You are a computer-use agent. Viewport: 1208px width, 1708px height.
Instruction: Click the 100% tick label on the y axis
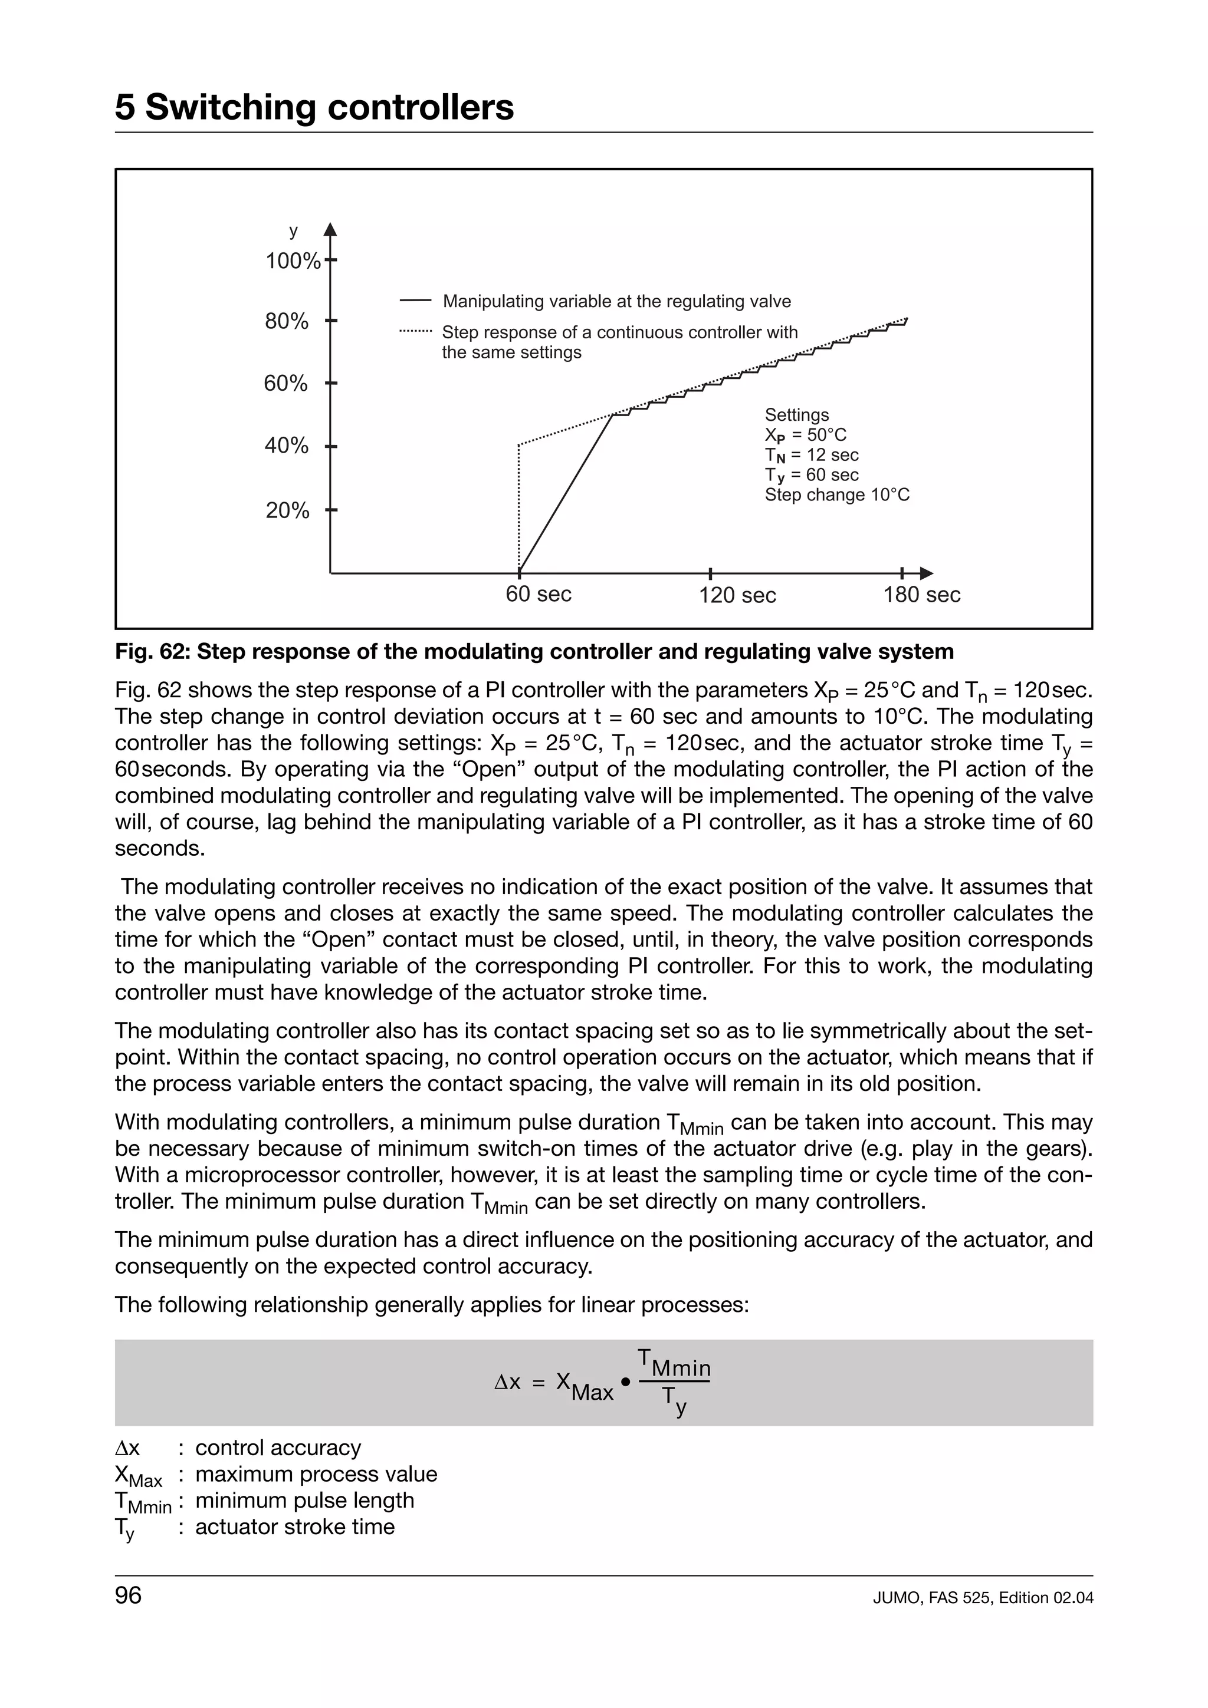tap(293, 261)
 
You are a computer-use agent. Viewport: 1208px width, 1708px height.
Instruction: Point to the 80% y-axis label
tap(287, 321)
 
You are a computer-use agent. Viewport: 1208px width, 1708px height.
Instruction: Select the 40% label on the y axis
tap(287, 446)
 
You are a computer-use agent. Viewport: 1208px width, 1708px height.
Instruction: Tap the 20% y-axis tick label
tap(287, 510)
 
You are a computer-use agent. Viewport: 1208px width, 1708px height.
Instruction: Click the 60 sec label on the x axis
tap(538, 594)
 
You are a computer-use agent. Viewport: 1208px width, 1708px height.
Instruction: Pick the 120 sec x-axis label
tap(737, 595)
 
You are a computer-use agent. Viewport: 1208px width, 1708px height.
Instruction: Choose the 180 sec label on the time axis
tap(921, 594)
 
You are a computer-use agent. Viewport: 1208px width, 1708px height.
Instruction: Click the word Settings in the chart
tap(796, 414)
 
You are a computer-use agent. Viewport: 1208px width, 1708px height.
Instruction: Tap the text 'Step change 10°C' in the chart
tap(836, 494)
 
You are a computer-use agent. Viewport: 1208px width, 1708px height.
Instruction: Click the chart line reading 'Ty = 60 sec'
tap(811, 474)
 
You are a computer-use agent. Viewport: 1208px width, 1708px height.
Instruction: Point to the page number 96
tap(128, 1595)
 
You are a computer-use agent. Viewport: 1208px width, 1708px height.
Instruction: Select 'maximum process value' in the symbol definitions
tap(316, 1473)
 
